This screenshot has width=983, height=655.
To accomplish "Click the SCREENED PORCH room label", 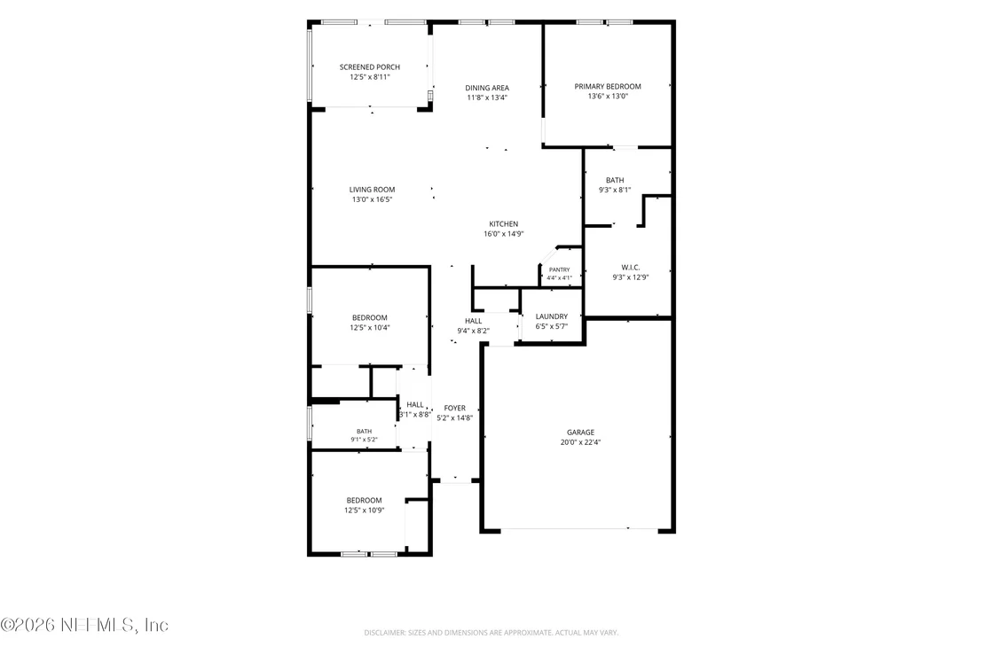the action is (370, 67).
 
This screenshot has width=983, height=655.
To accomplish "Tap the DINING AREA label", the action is (487, 88).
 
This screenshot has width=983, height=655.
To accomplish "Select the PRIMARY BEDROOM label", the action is (608, 86).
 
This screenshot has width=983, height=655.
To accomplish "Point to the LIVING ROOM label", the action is (373, 190).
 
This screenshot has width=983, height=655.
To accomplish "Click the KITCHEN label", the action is (504, 224).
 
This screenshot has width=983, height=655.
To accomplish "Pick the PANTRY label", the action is (560, 270).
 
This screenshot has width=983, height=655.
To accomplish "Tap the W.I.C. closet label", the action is (631, 268).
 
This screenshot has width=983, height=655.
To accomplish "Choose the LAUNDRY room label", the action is (552, 316).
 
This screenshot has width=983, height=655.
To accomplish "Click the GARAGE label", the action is (580, 432).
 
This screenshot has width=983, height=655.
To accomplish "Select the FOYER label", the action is (455, 409).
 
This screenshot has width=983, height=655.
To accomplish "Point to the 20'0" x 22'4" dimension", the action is (580, 442).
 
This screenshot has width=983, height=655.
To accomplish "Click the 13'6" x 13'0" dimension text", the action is (608, 97).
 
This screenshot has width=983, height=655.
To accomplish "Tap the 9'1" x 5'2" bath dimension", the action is (365, 440).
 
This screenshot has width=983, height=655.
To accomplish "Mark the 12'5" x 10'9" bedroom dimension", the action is (365, 511).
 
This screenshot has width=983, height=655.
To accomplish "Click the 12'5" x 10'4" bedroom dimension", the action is (370, 328).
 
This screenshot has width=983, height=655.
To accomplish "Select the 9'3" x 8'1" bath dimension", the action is (615, 190).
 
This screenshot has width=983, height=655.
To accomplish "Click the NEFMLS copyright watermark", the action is (84, 625).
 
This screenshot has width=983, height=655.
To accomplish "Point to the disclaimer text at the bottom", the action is (491, 633).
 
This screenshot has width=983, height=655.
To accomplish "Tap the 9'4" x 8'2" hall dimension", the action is (474, 331).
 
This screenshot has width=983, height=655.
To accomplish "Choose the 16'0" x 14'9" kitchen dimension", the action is (504, 234).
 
